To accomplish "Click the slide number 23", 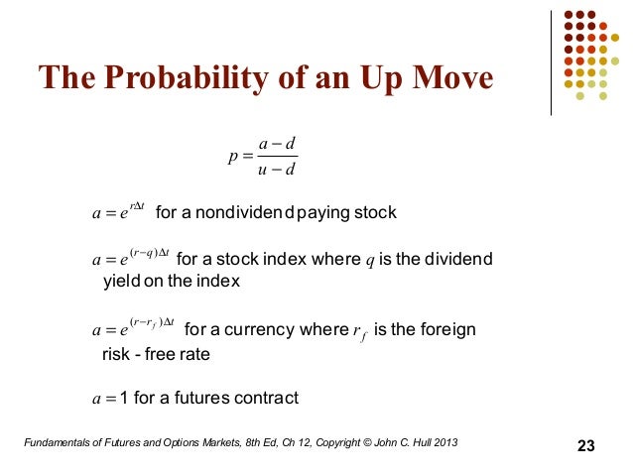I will (x=585, y=446).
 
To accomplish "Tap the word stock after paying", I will (x=376, y=213).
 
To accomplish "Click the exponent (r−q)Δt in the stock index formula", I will (x=144, y=252).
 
